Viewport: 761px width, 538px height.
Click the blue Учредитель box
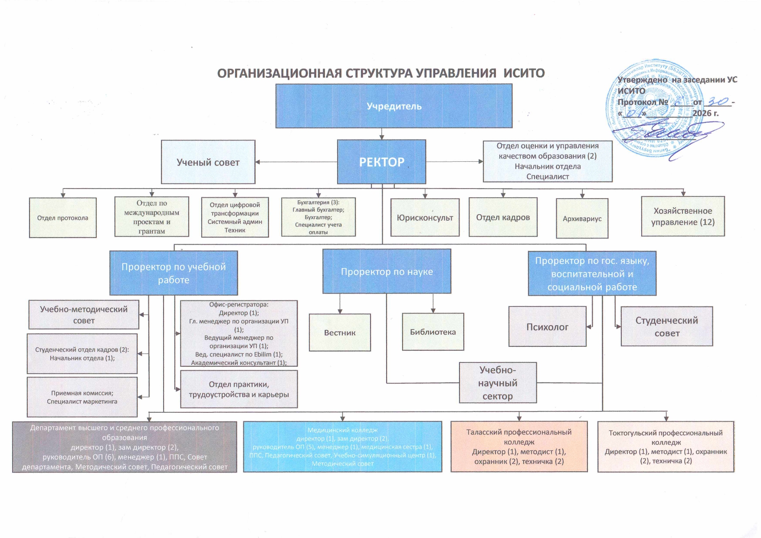394,106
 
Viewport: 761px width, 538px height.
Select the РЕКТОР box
381,162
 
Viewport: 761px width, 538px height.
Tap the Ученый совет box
208,162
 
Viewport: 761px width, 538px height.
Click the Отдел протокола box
62,218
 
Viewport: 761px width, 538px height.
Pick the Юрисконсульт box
425,218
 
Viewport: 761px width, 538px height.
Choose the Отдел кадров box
503,217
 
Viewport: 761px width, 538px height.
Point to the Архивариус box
582,218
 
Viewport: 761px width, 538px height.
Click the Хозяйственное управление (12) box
682,216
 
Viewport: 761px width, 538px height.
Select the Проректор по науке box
387,271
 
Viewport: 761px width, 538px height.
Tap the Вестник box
340,333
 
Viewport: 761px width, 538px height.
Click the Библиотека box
433,332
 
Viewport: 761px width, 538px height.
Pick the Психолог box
547,327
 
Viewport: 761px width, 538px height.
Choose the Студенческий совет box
666,326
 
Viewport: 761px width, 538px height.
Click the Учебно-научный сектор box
498,383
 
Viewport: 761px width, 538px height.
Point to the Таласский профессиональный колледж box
519,447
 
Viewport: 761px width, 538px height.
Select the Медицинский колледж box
342,447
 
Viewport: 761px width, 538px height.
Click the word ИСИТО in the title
524,73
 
